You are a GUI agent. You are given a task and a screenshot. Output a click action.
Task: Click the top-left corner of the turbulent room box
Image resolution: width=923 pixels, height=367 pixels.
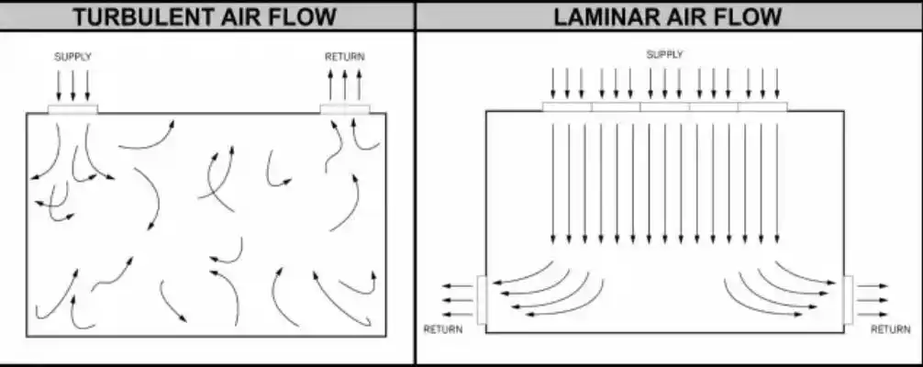pyautogui.click(x=27, y=113)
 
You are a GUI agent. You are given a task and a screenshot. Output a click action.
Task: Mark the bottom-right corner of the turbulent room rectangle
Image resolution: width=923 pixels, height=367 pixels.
pyautogui.click(x=386, y=337)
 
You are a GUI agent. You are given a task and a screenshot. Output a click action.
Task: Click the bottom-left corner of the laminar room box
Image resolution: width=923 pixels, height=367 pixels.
pyautogui.click(x=485, y=333)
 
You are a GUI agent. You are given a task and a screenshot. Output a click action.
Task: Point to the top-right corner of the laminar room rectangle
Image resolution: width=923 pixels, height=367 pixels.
pyautogui.click(x=843, y=111)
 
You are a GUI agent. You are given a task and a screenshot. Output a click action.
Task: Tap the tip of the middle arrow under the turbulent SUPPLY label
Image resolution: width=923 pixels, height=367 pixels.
pyautogui.click(x=73, y=101)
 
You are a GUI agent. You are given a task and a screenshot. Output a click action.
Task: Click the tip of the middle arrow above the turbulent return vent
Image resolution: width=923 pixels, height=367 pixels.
pyautogui.click(x=344, y=70)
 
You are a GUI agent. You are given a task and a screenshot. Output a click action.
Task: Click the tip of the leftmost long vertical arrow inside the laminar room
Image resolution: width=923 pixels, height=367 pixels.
pyautogui.click(x=552, y=243)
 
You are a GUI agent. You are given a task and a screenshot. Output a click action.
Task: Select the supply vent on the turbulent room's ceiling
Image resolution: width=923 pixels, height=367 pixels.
pyautogui.click(x=73, y=109)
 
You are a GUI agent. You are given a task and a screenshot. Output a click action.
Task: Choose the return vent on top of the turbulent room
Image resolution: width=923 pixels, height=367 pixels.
pyautogui.click(x=345, y=109)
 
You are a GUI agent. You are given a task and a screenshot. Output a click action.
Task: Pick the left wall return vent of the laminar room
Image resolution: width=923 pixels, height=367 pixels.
pyautogui.click(x=482, y=300)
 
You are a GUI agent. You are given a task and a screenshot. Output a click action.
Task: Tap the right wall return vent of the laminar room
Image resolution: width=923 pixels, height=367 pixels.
pyautogui.click(x=849, y=300)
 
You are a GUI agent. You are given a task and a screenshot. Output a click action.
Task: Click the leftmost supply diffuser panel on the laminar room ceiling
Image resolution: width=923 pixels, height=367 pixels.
pyautogui.click(x=567, y=106)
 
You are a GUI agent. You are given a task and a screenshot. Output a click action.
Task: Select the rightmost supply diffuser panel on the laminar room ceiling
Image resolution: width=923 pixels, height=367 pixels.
pyautogui.click(x=762, y=106)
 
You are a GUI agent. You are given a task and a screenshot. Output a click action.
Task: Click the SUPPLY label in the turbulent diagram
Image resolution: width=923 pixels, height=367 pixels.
pyautogui.click(x=73, y=57)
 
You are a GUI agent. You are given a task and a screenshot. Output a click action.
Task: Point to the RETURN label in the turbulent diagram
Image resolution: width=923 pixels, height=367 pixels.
pyautogui.click(x=344, y=57)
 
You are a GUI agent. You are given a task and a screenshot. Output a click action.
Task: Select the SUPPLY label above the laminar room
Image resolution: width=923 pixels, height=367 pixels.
pyautogui.click(x=664, y=55)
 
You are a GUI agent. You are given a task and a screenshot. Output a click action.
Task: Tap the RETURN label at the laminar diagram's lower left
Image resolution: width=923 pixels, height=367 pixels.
pyautogui.click(x=443, y=330)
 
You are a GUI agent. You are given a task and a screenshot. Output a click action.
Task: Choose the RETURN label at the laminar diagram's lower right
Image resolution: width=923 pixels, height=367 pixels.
pyautogui.click(x=891, y=330)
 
